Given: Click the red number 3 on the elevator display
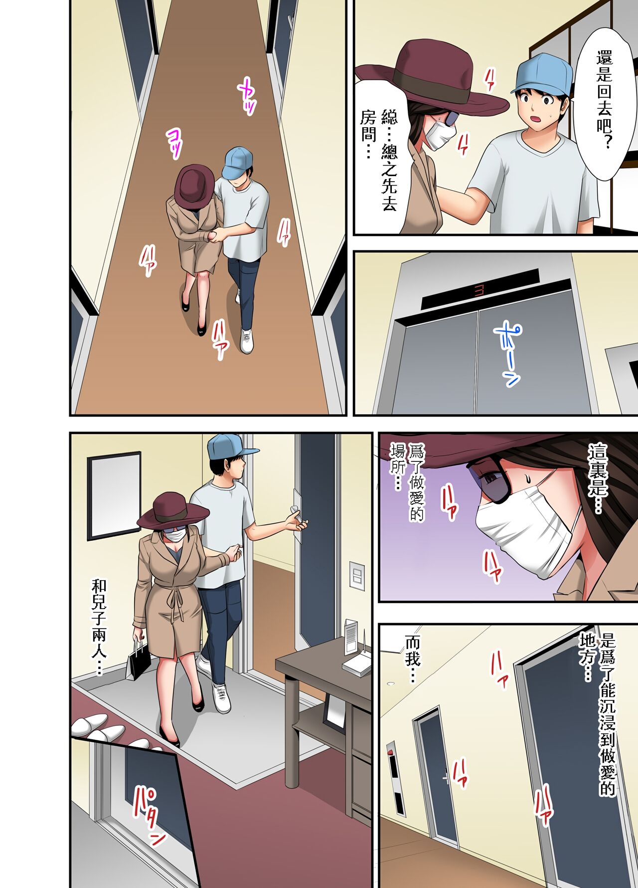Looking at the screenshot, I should point(479,290).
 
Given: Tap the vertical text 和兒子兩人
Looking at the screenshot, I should point(99,626).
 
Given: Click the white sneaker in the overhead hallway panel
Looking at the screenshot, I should point(247,340).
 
